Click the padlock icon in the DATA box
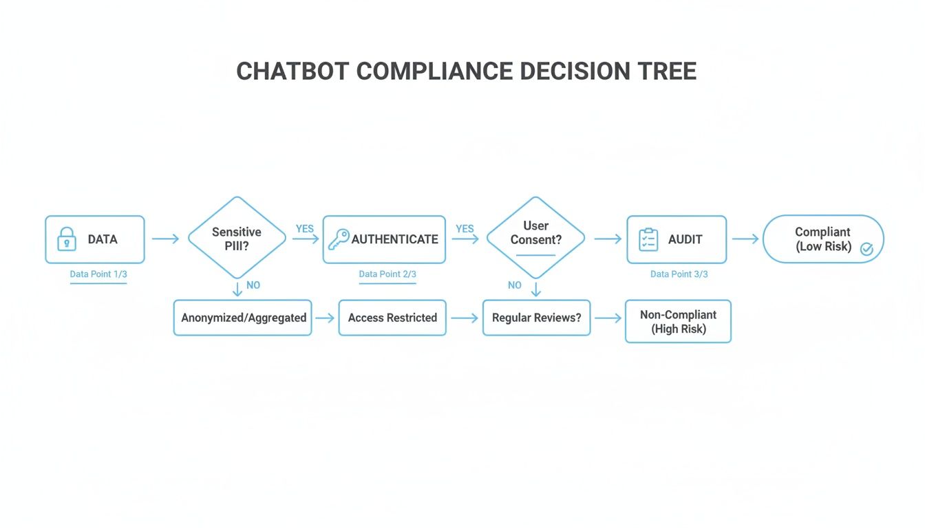point(66,239)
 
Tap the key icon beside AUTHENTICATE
point(338,239)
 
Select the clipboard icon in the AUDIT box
point(648,239)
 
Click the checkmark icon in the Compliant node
point(866,250)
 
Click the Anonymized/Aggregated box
point(243,318)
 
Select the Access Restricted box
point(392,318)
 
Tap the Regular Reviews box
point(536,318)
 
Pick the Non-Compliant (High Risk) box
point(678,322)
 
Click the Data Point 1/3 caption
point(98,274)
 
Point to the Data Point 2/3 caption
point(387,274)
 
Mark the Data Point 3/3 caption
point(679,274)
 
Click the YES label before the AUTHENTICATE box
point(305,229)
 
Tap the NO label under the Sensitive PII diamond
point(253,285)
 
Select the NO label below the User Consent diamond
point(515,285)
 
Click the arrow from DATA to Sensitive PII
point(165,239)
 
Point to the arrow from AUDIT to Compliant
point(745,239)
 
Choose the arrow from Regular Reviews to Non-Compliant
point(607,318)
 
